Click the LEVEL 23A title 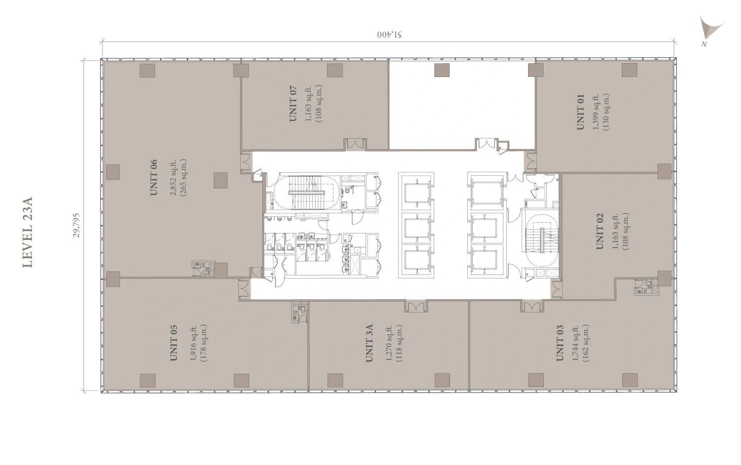coord(28,232)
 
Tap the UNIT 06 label coord(154,178)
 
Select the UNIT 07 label coord(293,104)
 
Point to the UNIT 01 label coord(580,112)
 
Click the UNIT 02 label coord(600,231)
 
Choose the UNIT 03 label coord(560,343)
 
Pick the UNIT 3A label coord(370,343)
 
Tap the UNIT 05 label coord(174,343)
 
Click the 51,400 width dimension coord(390,35)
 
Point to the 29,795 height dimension coord(77,225)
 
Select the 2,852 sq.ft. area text coord(174,178)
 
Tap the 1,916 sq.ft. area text coord(194,343)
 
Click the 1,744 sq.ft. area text coord(576,343)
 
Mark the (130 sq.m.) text coord(606,112)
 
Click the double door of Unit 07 coord(356,144)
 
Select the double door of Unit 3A coord(416,306)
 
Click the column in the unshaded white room coord(442,70)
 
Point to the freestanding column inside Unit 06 coord(220,180)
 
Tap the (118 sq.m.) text coord(399,343)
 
